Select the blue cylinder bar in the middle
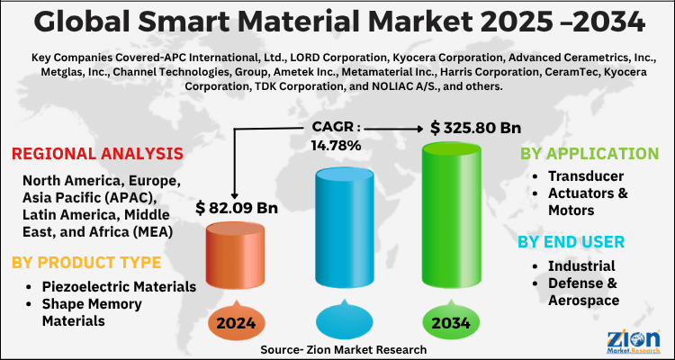coord(344,238)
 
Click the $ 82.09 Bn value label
coord(236,209)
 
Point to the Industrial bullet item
coord(581,265)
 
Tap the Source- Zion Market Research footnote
coord(343,348)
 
